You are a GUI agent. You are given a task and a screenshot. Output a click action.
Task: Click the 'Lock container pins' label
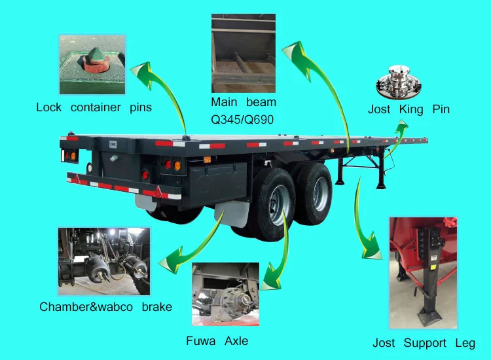pos(94,107)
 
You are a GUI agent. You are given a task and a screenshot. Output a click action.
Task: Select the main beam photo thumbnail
pos(243,53)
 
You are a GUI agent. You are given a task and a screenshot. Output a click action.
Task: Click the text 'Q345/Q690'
pos(242,119)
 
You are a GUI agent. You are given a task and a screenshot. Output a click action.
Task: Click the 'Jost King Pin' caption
pos(409,109)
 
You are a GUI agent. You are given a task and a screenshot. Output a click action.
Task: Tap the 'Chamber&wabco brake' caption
pos(105,306)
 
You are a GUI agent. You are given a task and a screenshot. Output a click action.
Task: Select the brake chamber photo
pos(105,261)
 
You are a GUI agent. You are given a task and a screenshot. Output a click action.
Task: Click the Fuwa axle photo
pos(225,294)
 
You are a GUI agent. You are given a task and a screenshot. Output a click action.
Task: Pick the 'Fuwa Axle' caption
pos(217,341)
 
